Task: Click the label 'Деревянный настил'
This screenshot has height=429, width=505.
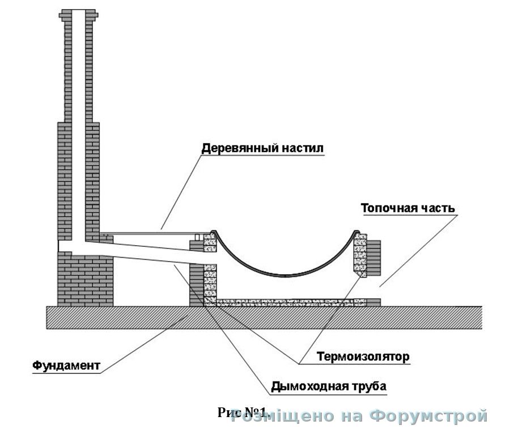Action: point(261,149)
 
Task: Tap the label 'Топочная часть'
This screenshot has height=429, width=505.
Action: point(408,208)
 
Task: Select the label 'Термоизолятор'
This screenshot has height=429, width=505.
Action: point(363,357)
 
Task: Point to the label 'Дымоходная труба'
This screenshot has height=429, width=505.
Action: point(328,386)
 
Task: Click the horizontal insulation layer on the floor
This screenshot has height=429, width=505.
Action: point(283,302)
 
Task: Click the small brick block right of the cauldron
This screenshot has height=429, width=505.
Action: point(375,255)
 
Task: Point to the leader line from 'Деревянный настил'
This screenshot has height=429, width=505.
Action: point(181,190)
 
